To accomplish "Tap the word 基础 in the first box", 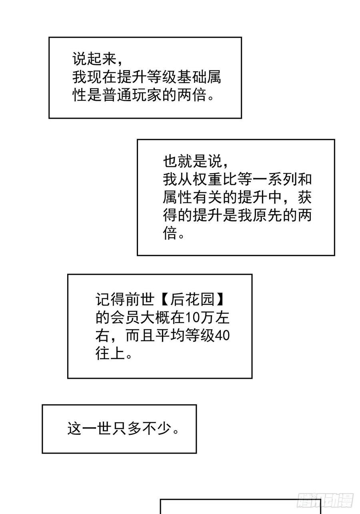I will click(183, 78).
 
